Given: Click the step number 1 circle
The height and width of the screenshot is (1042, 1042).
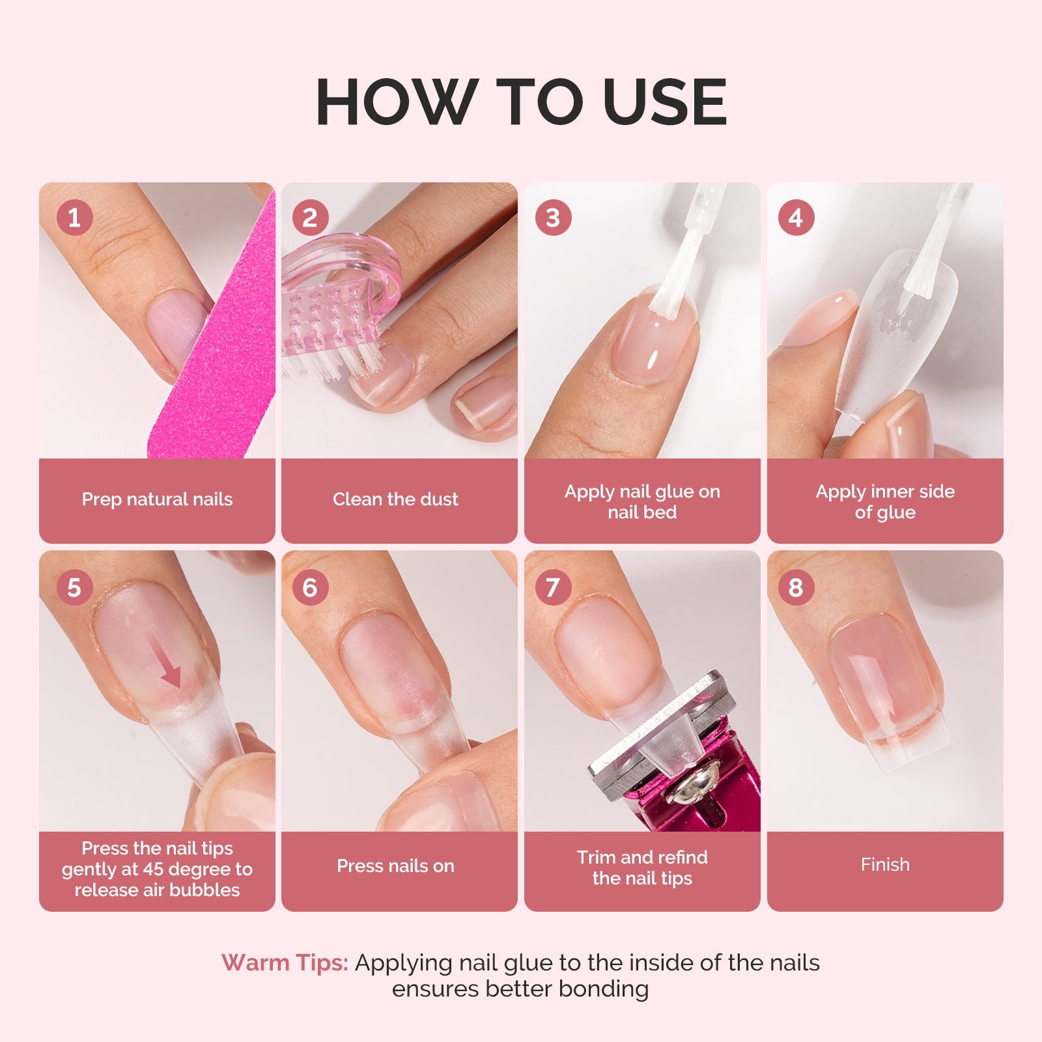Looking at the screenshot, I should tap(74, 218).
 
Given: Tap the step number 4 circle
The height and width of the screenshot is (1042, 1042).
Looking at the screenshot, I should tap(796, 218).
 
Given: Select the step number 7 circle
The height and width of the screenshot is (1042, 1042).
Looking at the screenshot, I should tap(553, 587).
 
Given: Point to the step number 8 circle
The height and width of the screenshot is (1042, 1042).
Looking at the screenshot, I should tap(796, 587).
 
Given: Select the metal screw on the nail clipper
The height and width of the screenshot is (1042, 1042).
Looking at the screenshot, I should tap(692, 788).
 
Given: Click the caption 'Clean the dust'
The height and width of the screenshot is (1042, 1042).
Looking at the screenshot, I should tap(395, 500).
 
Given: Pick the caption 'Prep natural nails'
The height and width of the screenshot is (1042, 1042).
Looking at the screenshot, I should tap(157, 500).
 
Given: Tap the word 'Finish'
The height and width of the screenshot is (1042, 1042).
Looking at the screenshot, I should tap(885, 865).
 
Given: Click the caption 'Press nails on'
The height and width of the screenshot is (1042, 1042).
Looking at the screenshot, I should tap(395, 866).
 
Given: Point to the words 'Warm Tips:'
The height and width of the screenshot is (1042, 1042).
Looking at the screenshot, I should tap(285, 963).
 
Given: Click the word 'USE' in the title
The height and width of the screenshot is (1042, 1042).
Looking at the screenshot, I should tap(664, 102).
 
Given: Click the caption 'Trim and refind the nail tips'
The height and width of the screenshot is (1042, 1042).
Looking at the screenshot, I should tap(642, 867).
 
